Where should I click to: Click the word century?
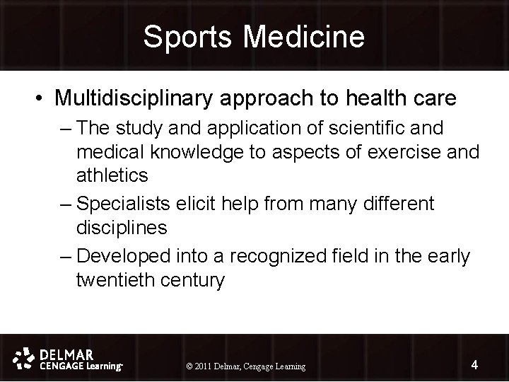pyautogui.click(x=193, y=280)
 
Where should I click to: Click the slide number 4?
pyautogui.click(x=474, y=365)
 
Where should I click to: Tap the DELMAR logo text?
pyautogui.click(x=69, y=352)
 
